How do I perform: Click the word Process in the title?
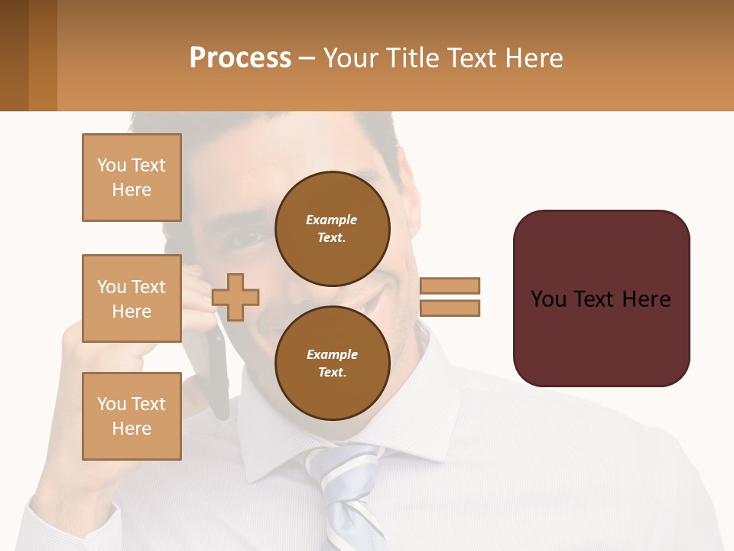pos(240,58)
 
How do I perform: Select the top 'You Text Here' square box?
pos(132,178)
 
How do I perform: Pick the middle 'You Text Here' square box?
pos(132,298)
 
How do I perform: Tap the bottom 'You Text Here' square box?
pos(132,416)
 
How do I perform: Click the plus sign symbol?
pos(235,297)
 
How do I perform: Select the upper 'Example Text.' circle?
pos(332,228)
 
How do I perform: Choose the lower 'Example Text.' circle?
pos(332,363)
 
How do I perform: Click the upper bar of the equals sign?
pos(450,285)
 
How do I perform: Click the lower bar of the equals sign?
pos(450,308)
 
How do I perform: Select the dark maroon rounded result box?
pos(601,298)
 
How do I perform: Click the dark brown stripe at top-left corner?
pos(14,55)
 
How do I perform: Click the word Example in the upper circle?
pos(332,220)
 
